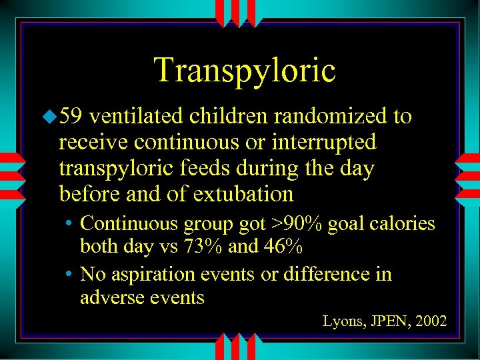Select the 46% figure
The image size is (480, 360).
(x=283, y=247)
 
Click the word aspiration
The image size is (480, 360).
(x=166, y=274)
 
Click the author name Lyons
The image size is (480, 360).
(x=343, y=321)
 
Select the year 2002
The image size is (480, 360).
(x=431, y=321)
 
